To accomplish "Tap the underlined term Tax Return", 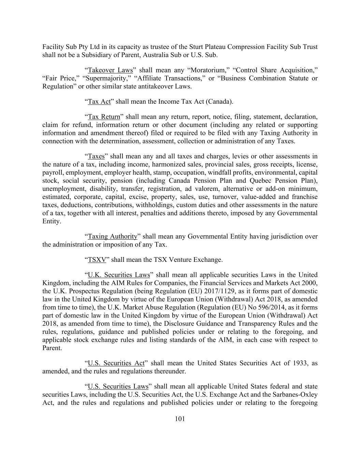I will [x=104, y=117].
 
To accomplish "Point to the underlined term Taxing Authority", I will [x=113, y=237].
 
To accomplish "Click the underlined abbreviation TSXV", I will [x=97, y=260].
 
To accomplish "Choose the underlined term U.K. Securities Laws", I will [x=119, y=275].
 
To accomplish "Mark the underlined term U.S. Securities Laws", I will [x=118, y=386].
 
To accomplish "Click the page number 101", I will [x=180, y=419].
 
